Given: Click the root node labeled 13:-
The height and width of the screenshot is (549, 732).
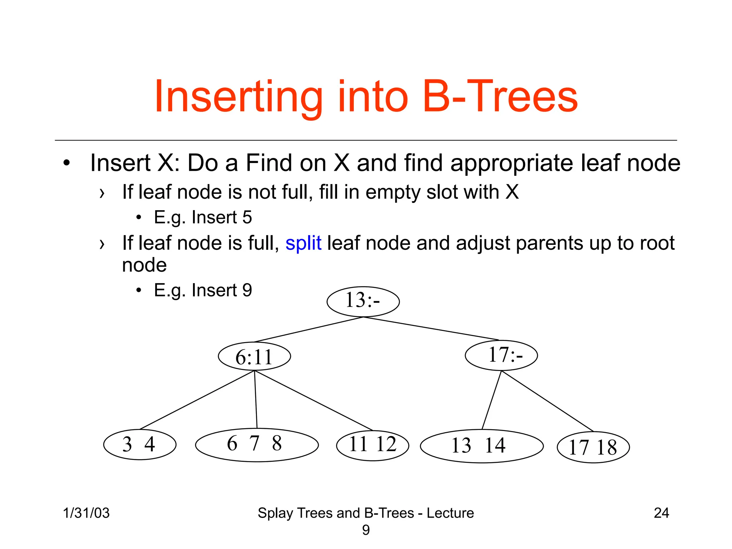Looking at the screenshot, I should (x=363, y=301).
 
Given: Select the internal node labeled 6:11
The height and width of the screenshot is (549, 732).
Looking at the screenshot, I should (x=254, y=356).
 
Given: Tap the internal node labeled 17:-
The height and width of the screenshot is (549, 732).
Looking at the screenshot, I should (x=501, y=355).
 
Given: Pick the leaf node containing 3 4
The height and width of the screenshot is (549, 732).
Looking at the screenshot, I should (x=140, y=444).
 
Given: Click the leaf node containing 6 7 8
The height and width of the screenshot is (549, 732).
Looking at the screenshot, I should (x=257, y=445).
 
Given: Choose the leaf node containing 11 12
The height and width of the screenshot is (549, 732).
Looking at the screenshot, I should (x=372, y=445).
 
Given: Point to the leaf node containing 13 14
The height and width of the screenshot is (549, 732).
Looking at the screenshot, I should (x=481, y=446).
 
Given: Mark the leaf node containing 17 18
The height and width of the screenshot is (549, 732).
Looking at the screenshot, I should (x=593, y=447).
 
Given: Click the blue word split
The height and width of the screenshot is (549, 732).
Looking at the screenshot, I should (x=303, y=243).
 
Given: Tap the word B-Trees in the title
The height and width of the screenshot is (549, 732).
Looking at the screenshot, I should (x=500, y=97).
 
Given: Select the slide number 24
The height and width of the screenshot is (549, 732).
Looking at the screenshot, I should (x=661, y=513).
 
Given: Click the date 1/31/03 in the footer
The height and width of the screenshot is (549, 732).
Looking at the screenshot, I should (x=86, y=513).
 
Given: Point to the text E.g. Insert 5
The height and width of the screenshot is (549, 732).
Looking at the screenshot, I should (x=203, y=217).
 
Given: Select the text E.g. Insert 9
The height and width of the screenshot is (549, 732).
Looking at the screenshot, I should (x=203, y=290).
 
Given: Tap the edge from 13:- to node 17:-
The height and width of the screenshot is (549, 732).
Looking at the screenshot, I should (x=431, y=328).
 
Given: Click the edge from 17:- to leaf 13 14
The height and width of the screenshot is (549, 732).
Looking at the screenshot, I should (x=492, y=400).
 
